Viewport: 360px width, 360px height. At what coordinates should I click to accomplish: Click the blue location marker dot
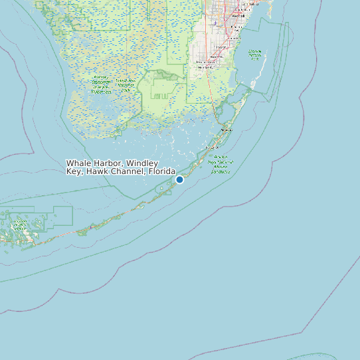(x=179, y=179)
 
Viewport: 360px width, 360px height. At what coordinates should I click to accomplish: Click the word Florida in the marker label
(x=161, y=171)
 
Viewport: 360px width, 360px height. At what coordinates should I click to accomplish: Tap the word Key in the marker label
(x=73, y=171)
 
